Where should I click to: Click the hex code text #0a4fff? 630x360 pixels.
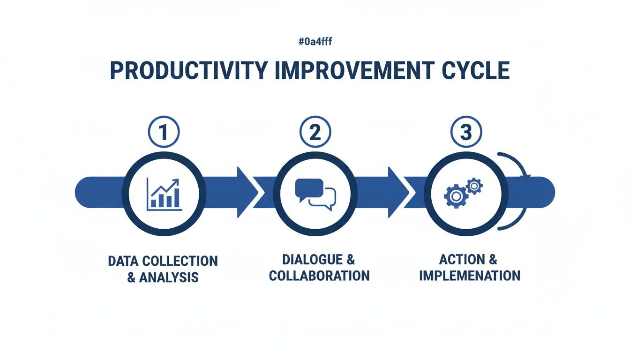(x=315, y=42)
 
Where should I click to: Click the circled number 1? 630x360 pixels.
(x=163, y=133)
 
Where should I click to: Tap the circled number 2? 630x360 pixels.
(x=315, y=133)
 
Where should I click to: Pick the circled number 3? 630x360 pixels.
(x=465, y=133)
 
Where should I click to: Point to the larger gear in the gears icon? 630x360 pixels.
(x=455, y=196)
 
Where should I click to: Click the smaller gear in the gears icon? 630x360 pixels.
(x=474, y=187)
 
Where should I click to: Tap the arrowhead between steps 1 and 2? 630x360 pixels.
(x=247, y=192)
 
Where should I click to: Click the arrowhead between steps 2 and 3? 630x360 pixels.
(x=398, y=192)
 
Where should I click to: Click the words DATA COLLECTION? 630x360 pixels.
(x=163, y=261)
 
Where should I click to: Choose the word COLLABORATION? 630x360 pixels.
(x=319, y=275)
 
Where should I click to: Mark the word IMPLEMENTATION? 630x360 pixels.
(x=470, y=275)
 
